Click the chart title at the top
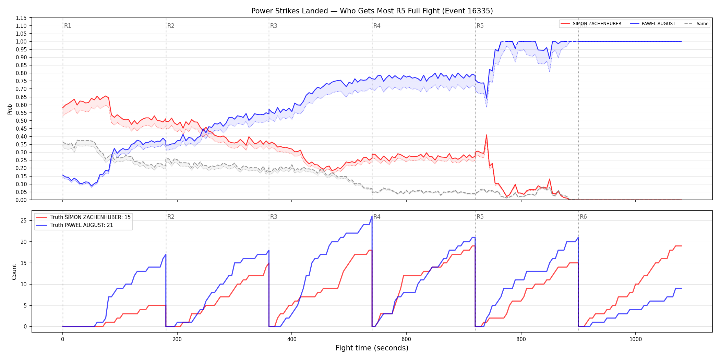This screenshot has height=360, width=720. pos(372,11)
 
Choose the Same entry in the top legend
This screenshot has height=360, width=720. pos(696,24)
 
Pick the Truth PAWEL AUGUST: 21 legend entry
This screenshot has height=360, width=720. pos(74,225)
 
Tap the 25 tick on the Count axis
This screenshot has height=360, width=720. pos(24,220)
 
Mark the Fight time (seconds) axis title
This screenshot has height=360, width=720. pos(372,348)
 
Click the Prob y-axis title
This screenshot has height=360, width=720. pos(10,109)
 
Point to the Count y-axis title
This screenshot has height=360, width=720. pos(14,272)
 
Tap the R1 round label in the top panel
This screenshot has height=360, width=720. pos(68,26)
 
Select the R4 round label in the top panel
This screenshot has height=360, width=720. pos(377,26)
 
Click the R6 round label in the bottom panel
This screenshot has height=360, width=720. pos(583,217)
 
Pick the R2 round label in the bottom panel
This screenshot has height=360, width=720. pos(171,217)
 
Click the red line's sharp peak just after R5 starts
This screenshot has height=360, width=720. pos(487,135)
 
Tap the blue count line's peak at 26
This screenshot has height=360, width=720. pos(372,216)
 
